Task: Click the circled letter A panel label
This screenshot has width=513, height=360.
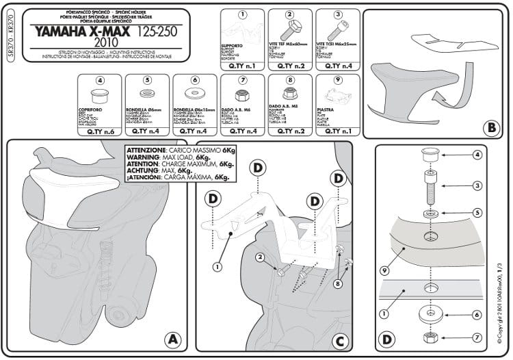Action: (x=172, y=339)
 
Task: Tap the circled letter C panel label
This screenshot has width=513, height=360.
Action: (x=341, y=339)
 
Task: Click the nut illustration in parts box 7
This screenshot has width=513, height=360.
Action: (x=242, y=97)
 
